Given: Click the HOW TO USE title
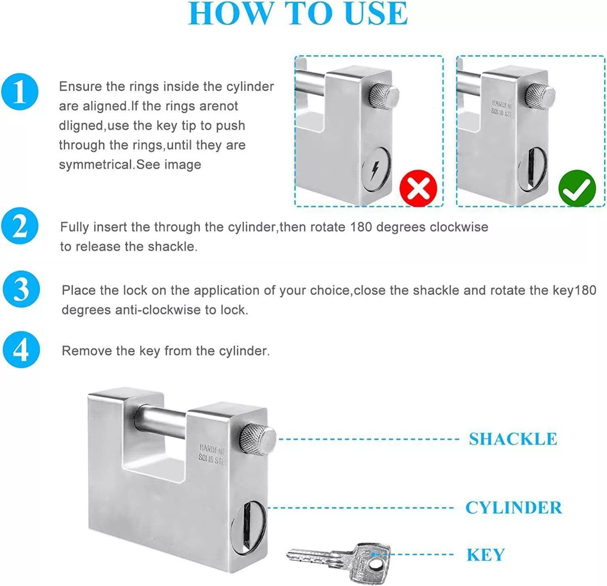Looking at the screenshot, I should tap(298, 14).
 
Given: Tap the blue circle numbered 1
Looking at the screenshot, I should tap(20, 92).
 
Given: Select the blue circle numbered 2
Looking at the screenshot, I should tap(20, 227).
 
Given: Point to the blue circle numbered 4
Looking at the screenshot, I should tap(21, 350).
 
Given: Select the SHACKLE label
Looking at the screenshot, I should tap(513, 439).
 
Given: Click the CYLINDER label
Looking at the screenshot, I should tap(514, 508).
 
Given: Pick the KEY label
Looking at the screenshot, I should tap(486, 555).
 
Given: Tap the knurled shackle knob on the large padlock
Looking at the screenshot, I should tap(258, 439).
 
